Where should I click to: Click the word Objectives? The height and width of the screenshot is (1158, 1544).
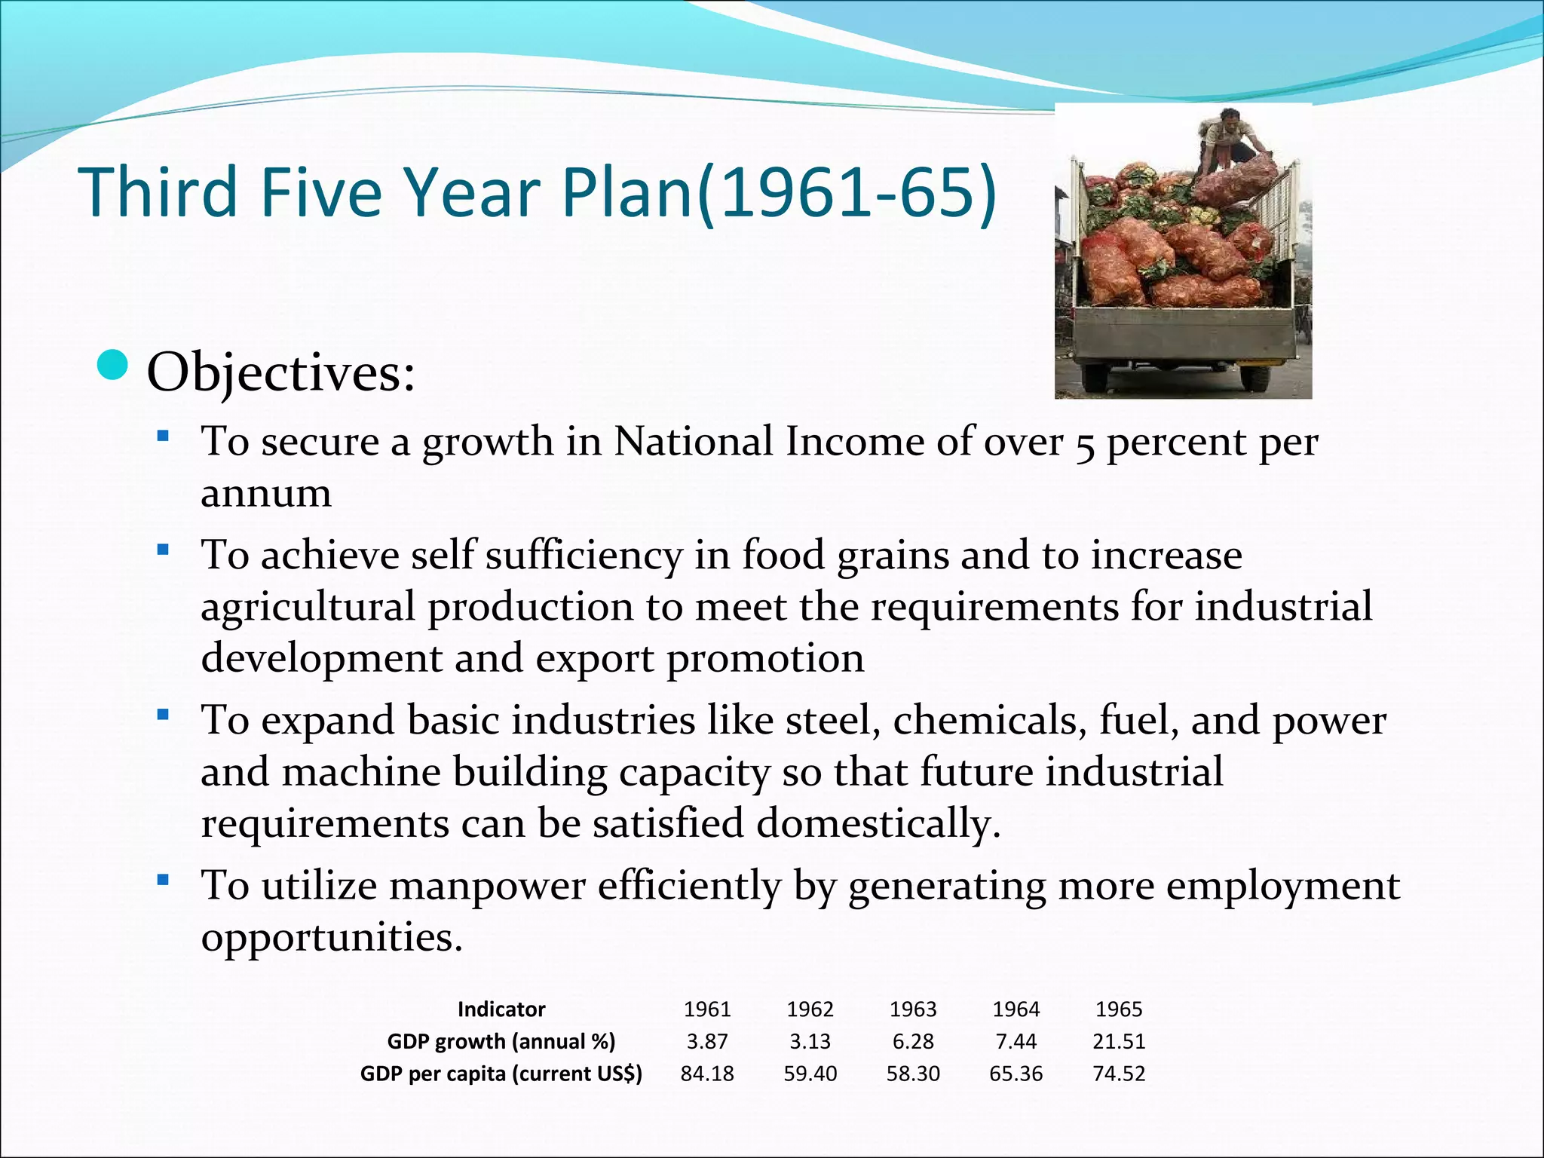pyautogui.click(x=280, y=372)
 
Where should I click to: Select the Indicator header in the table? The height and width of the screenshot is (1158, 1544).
pyautogui.click(x=501, y=1009)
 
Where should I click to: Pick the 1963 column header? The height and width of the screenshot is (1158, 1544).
pyautogui.click(x=913, y=1009)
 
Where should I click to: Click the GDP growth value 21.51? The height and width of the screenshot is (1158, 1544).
pyautogui.click(x=1119, y=1041)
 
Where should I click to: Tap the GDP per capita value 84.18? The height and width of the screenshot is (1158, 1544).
pyautogui.click(x=707, y=1074)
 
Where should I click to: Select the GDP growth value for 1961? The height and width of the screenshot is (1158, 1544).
pyautogui.click(x=707, y=1041)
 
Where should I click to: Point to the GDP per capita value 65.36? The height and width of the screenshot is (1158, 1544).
pyautogui.click(x=1016, y=1074)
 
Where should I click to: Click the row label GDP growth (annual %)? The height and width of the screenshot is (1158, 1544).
pyautogui.click(x=501, y=1041)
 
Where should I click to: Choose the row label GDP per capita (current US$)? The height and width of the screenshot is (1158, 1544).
pyautogui.click(x=501, y=1074)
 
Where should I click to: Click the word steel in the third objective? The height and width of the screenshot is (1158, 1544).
pyautogui.click(x=833, y=720)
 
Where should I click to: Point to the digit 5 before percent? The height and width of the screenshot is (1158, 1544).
pyautogui.click(x=1085, y=445)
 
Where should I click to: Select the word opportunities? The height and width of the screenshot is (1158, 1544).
pyautogui.click(x=331, y=937)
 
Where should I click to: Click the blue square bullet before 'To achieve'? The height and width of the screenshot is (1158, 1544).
pyautogui.click(x=162, y=550)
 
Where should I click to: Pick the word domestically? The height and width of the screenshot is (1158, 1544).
pyautogui.click(x=878, y=823)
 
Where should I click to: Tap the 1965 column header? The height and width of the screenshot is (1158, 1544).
pyautogui.click(x=1119, y=1009)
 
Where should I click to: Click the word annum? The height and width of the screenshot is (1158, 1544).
pyautogui.click(x=266, y=494)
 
